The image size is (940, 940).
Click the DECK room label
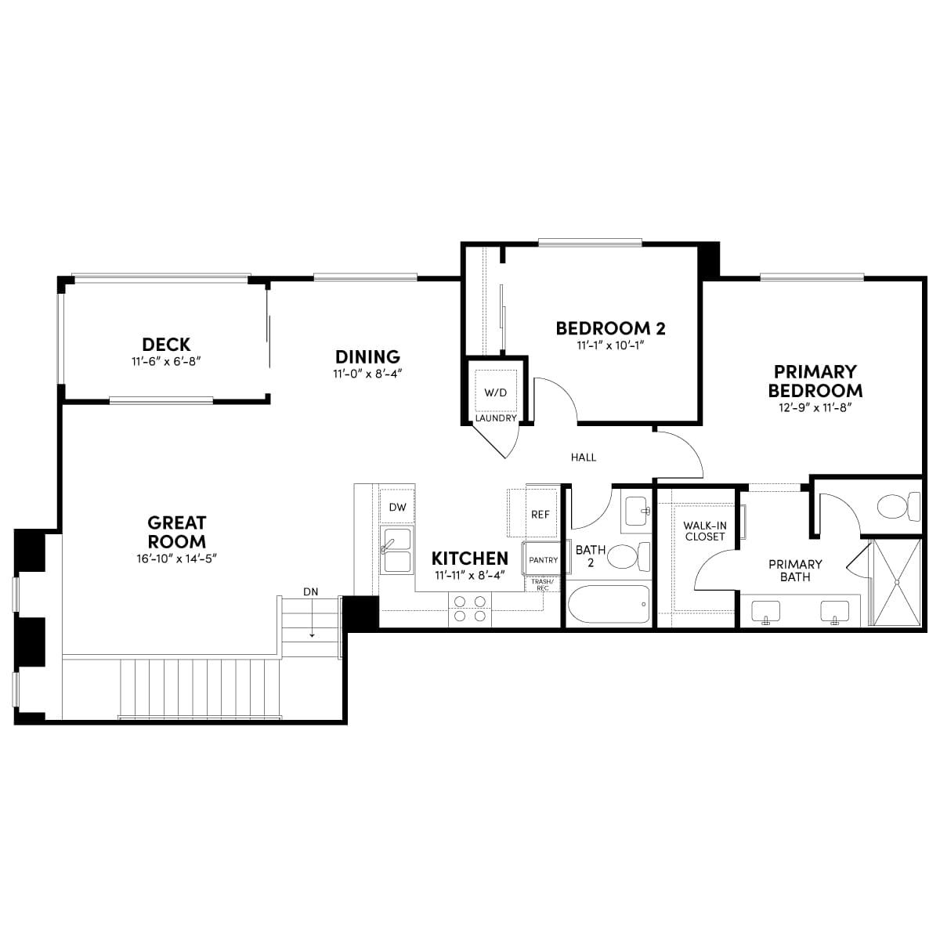click(166, 345)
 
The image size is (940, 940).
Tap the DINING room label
click(367, 356)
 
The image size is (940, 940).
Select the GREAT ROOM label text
click(176, 532)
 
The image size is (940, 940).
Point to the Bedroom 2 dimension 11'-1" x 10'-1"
click(611, 345)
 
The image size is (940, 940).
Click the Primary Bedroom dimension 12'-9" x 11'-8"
click(815, 407)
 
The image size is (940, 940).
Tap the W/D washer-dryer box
click(495, 392)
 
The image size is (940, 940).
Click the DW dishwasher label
click(398, 507)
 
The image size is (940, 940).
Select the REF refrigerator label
click(540, 514)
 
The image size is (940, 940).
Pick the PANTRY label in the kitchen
click(543, 560)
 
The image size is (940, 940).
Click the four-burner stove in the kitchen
click(470, 609)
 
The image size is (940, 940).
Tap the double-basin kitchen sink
click(396, 549)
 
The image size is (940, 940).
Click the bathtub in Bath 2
click(609, 604)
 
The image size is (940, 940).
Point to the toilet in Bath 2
click(629, 557)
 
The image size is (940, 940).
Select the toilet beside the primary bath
click(898, 507)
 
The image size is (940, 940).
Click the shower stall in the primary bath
click(897, 582)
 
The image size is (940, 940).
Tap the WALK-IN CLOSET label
click(704, 531)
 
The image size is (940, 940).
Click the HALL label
click(584, 457)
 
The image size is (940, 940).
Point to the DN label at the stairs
click(310, 591)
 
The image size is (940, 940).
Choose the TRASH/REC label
click(542, 584)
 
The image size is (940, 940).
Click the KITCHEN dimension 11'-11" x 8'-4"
click(470, 576)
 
